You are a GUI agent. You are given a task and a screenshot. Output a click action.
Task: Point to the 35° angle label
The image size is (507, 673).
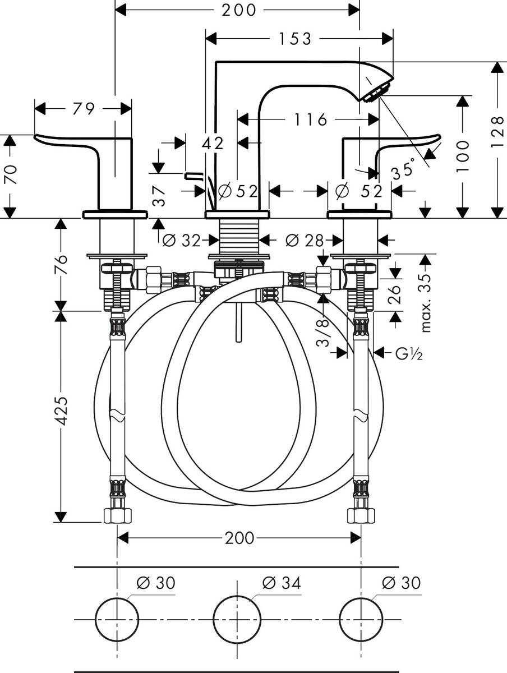[403, 168]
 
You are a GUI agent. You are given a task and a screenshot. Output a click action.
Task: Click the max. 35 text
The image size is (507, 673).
[426, 303]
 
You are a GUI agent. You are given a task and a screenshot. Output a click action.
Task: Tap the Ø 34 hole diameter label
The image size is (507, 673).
[281, 583]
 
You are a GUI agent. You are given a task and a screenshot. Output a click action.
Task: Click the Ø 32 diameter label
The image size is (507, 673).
[181, 241]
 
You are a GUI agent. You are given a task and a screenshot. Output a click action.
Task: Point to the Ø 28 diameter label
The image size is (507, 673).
[305, 241]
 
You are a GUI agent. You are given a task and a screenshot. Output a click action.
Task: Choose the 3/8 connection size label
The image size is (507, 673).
[324, 334]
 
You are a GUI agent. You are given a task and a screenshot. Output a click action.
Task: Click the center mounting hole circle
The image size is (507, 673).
[237, 619]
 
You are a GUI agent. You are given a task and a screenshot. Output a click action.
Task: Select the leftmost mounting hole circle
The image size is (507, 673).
[117, 619]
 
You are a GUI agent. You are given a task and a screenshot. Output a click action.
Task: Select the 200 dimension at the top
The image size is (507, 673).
[238, 10]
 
